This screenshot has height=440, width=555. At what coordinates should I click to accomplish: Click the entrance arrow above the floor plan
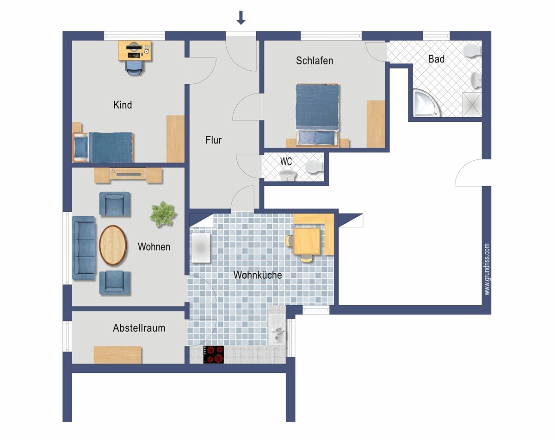tap(241, 18)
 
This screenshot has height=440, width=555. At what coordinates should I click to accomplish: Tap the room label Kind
tap(123, 105)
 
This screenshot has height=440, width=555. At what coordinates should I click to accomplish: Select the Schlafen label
tap(314, 61)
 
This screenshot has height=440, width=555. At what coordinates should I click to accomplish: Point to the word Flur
tap(214, 140)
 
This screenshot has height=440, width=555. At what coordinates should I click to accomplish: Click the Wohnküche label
tap(258, 275)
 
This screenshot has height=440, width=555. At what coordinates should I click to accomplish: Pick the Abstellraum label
tap(139, 328)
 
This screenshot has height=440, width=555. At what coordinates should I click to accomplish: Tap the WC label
tap(286, 162)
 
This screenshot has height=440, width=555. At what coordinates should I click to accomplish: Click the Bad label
tap(436, 59)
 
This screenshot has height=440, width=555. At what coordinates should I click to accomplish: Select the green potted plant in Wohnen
tap(163, 214)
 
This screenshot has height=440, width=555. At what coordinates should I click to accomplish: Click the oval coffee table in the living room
tap(113, 245)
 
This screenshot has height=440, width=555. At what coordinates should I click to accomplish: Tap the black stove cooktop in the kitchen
tap(214, 355)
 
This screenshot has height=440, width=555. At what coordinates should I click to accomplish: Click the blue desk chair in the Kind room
tap(134, 68)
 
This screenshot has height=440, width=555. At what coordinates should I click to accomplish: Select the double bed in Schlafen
tap(317, 115)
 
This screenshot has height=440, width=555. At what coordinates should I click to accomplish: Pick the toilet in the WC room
tap(314, 167)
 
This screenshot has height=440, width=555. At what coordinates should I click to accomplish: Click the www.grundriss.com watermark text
tap(487, 269)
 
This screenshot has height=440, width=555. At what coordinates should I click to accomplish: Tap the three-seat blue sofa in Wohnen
tap(84, 248)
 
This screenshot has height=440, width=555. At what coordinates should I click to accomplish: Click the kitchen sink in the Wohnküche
tap(277, 329)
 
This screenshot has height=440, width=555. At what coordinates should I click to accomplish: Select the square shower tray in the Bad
tap(472, 105)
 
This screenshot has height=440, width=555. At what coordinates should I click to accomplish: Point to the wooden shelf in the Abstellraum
tap(117, 355)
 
